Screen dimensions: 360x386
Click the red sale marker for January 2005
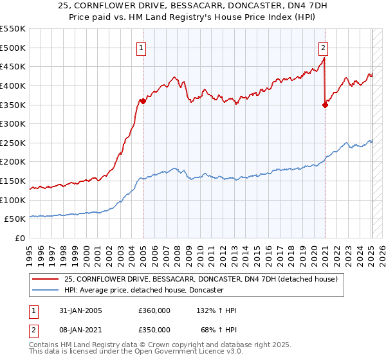pos(143,101)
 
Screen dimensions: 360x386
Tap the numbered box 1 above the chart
pos(140,47)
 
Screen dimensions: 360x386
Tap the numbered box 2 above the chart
pos(323,47)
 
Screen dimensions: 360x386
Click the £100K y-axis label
pos(13,200)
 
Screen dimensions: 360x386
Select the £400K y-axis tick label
pos(13,85)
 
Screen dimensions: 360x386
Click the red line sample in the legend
pos(46,279)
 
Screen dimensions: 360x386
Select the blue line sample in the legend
pos(46,291)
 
